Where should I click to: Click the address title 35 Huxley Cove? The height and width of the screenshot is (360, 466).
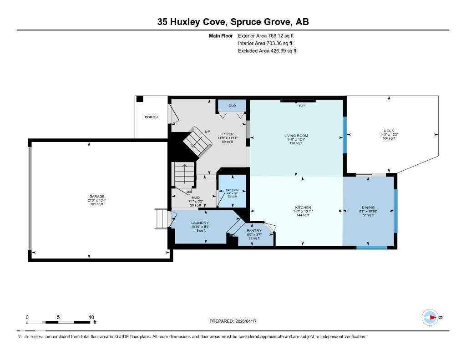point(233,22)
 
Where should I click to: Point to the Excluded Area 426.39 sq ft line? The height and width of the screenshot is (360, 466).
point(267,51)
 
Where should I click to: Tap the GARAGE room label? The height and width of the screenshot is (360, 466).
point(96,197)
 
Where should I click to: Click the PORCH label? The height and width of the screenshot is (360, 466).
point(151,117)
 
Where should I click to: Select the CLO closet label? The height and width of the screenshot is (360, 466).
point(232,106)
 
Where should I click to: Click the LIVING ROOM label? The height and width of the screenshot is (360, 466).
point(296,136)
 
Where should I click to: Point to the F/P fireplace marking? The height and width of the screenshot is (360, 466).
point(301,106)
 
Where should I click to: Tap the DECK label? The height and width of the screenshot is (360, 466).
point(388,131)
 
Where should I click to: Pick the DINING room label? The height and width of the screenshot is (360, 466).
point(368,208)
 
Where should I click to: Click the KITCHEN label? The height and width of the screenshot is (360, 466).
point(303,208)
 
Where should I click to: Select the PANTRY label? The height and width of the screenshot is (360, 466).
point(254,231)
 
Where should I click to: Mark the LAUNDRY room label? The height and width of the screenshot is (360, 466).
point(200,223)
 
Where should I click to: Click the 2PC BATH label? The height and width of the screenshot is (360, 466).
point(233,190)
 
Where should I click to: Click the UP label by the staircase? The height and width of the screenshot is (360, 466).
point(207,132)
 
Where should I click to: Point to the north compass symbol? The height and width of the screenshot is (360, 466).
point(430,317)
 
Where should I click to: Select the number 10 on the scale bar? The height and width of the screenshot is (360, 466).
point(91,317)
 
